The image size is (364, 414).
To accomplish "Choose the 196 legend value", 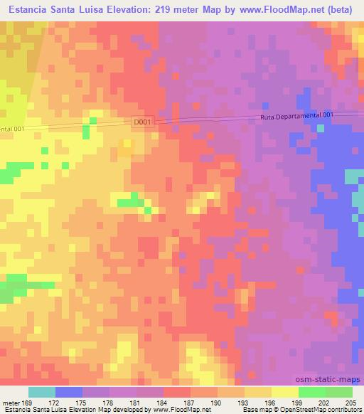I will (268, 402).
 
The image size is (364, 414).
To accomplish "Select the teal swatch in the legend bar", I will (42, 392).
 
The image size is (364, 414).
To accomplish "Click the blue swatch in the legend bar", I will (69, 392).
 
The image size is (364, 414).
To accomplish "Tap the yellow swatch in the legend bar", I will (284, 392).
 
